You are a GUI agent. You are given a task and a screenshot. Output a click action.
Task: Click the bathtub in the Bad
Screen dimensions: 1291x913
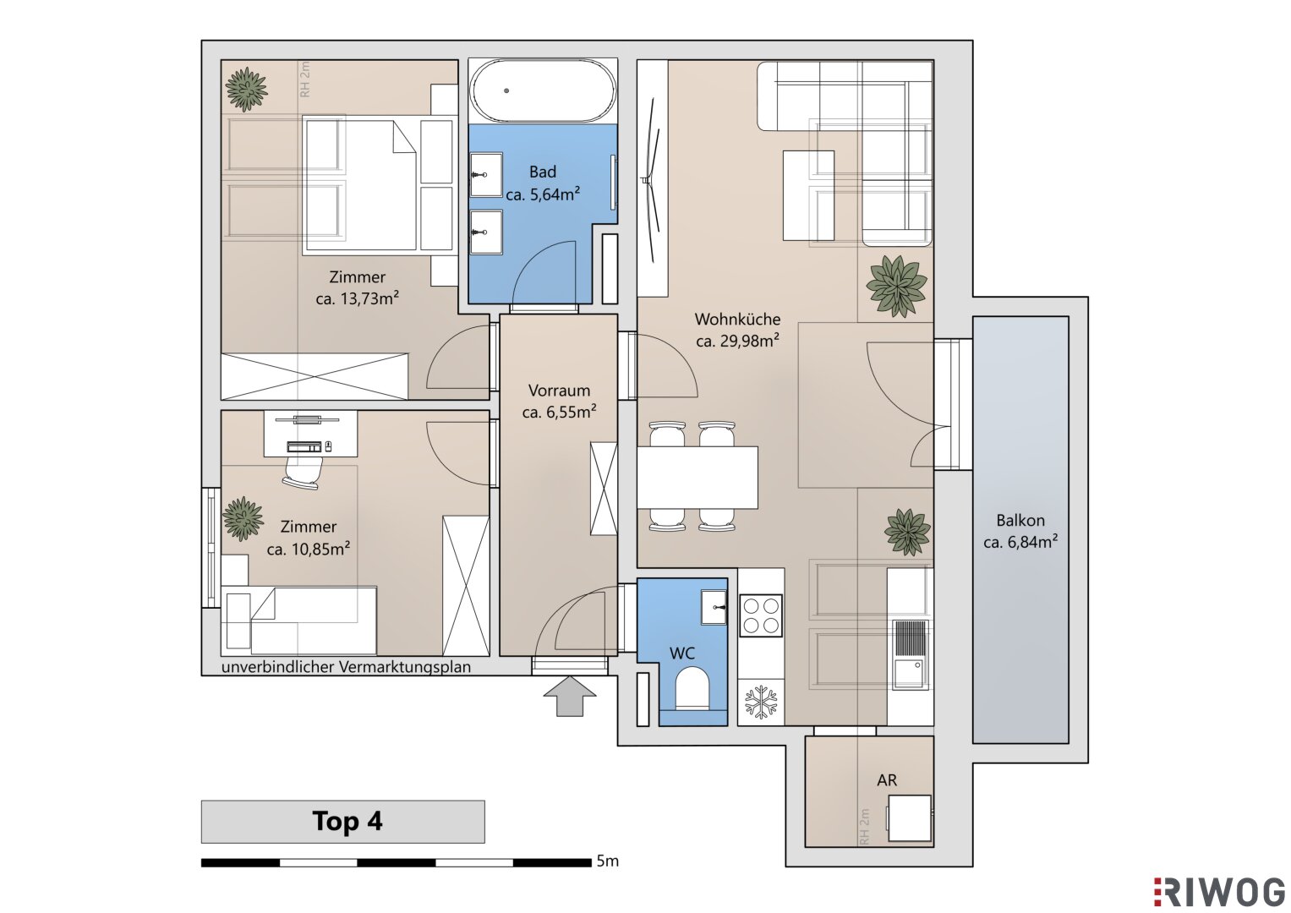click(544, 90)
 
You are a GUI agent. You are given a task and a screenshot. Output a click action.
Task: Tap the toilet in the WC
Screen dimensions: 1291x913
click(692, 687)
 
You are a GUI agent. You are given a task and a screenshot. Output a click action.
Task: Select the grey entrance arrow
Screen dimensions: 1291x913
click(570, 697)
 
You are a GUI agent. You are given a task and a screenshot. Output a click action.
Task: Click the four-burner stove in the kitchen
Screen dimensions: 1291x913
click(761, 615)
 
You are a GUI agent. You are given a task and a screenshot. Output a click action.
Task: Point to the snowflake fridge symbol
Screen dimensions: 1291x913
click(761, 702)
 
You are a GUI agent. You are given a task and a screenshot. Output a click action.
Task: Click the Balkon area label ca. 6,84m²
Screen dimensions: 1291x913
click(1020, 543)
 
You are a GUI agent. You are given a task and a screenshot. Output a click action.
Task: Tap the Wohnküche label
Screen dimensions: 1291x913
click(737, 319)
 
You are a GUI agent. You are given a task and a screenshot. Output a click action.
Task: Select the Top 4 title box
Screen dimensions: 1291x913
click(343, 822)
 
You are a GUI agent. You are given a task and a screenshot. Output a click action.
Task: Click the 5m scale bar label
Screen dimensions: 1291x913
click(608, 861)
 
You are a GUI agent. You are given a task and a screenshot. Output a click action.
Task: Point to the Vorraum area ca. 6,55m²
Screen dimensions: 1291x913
click(559, 413)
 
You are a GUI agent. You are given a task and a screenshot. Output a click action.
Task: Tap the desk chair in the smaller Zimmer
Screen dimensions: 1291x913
click(302, 473)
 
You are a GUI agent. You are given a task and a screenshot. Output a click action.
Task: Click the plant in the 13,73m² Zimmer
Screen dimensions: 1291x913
click(247, 90)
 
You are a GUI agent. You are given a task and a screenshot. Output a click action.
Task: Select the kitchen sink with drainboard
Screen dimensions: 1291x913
click(910, 655)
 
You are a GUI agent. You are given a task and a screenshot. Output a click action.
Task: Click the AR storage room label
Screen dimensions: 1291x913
click(887, 779)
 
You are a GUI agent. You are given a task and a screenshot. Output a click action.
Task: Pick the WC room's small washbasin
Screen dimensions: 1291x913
click(714, 607)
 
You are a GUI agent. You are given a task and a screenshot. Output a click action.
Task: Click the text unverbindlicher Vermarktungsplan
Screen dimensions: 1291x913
click(346, 667)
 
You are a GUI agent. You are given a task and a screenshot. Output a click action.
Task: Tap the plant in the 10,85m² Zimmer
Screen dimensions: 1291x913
click(243, 519)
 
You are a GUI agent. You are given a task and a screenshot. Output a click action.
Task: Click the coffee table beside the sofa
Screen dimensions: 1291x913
click(808, 195)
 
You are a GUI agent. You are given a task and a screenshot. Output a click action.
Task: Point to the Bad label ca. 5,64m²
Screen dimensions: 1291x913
click(543, 194)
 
